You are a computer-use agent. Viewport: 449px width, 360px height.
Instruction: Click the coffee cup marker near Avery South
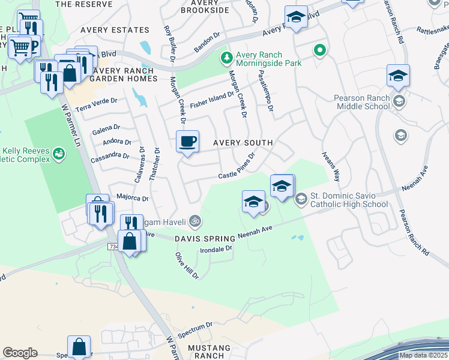(187, 142)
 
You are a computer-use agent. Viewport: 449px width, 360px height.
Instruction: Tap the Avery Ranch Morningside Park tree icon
(226, 58)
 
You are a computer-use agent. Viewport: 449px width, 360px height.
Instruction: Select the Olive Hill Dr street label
(187, 265)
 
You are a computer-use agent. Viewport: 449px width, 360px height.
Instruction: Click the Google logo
(20, 353)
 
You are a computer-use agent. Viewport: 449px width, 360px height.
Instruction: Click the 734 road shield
(113, 247)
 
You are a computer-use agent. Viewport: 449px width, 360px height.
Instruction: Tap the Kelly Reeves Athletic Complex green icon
(58, 154)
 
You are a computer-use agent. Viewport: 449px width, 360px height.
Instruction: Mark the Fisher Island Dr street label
(211, 100)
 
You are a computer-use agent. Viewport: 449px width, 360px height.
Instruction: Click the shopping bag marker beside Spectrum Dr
(79, 346)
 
